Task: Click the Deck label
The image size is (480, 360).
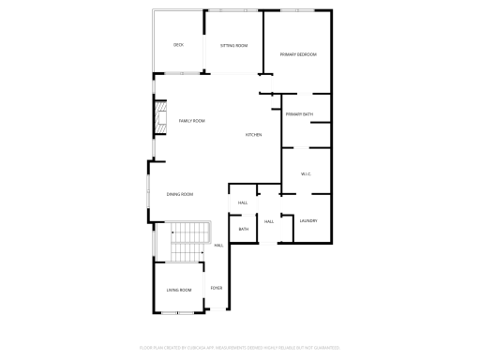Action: (x=178, y=45)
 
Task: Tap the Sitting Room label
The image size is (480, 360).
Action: (x=233, y=45)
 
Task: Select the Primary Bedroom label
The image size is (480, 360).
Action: (x=298, y=54)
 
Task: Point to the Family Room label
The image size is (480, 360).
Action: (x=191, y=121)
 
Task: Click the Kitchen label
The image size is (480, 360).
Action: (x=253, y=135)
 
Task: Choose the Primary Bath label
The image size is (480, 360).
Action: (x=300, y=114)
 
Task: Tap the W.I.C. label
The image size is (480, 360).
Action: (x=306, y=174)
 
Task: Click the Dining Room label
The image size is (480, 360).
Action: (x=180, y=194)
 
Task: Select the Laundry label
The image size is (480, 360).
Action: (x=308, y=221)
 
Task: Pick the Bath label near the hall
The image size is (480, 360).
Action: (x=243, y=229)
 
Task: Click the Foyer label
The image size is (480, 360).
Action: (x=216, y=287)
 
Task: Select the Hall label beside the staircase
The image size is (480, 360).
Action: (x=218, y=246)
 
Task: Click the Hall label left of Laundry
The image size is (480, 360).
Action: (x=268, y=221)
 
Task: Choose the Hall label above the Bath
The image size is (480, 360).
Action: (x=242, y=202)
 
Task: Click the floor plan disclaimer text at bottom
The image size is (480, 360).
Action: (x=239, y=347)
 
